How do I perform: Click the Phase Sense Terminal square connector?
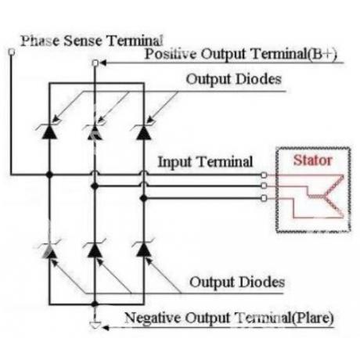[x=12, y=52]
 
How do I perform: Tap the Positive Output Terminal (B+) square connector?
[x=95, y=63]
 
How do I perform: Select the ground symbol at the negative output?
[x=95, y=325]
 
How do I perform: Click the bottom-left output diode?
[x=49, y=250]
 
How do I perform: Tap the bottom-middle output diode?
[x=95, y=250]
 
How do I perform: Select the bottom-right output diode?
[x=143, y=250]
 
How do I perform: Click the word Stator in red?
[x=313, y=160]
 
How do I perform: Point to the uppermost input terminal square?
[x=264, y=175]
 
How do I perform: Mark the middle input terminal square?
[x=264, y=185]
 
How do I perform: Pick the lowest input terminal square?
[x=264, y=198]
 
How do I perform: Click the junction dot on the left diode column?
[x=49, y=175]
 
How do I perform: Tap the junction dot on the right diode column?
[x=143, y=199]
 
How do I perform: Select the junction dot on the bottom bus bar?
[x=95, y=304]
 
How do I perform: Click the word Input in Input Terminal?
[x=175, y=162]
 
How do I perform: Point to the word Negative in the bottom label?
[x=153, y=318]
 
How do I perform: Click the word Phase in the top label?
[x=40, y=41]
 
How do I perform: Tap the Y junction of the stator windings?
[x=324, y=196]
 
